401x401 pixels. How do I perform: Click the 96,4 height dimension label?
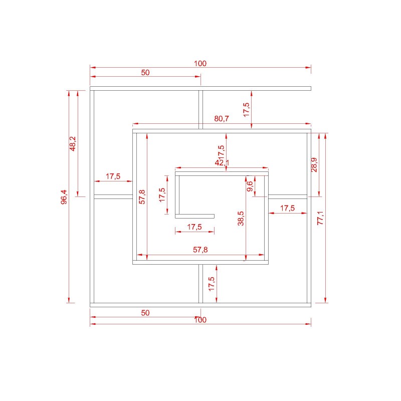click(x=64, y=196)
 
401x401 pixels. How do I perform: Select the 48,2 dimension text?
click(x=73, y=144)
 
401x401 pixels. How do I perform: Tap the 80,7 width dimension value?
click(x=222, y=119)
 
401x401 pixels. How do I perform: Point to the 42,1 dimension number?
click(x=222, y=162)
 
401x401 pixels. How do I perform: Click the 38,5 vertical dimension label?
click(x=241, y=219)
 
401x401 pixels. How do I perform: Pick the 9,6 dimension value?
click(x=250, y=186)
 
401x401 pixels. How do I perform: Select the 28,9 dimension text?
click(x=314, y=165)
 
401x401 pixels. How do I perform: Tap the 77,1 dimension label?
click(x=320, y=218)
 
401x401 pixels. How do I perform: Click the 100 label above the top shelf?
click(x=200, y=64)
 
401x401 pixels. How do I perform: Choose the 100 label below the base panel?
click(x=200, y=320)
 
